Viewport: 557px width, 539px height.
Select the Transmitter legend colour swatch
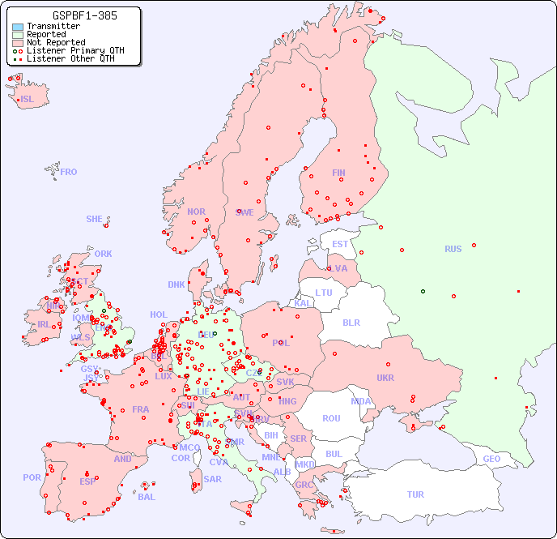[x=18, y=27]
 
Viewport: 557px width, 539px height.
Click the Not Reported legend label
[x=55, y=42]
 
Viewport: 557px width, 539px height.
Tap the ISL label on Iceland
[x=28, y=100]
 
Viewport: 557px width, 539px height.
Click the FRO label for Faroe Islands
[x=69, y=172]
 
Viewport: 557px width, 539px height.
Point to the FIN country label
[x=338, y=173]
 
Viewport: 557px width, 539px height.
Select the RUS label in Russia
[x=453, y=249]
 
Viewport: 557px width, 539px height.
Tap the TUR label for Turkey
[x=415, y=494]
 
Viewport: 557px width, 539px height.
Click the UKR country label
[x=385, y=378]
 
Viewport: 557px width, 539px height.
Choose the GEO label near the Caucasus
[x=491, y=459]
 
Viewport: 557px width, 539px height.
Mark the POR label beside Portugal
[x=32, y=477]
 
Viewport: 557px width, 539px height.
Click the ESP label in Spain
[x=87, y=481]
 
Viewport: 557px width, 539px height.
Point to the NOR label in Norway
[x=196, y=212]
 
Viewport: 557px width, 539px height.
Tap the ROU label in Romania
[x=331, y=418]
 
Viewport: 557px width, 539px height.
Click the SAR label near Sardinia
[x=212, y=479]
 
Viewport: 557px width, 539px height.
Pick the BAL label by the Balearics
[x=147, y=497]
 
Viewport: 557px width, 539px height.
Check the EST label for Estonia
[x=340, y=244]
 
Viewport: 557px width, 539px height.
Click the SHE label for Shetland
[x=95, y=219]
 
